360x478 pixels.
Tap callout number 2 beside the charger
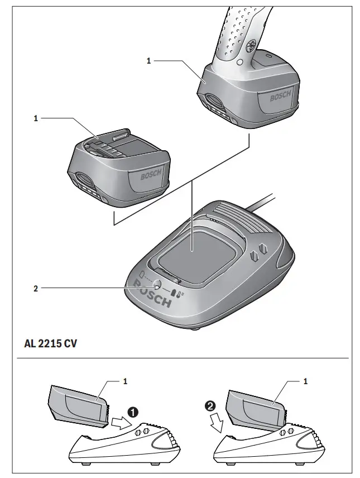[36, 288]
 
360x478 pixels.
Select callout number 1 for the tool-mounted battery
[149, 61]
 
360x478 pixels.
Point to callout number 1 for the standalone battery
[36, 119]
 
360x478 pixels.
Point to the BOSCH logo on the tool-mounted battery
[280, 97]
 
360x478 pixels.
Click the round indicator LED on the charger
[157, 285]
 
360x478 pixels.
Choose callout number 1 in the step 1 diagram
[126, 381]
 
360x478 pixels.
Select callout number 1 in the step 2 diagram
[306, 381]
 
